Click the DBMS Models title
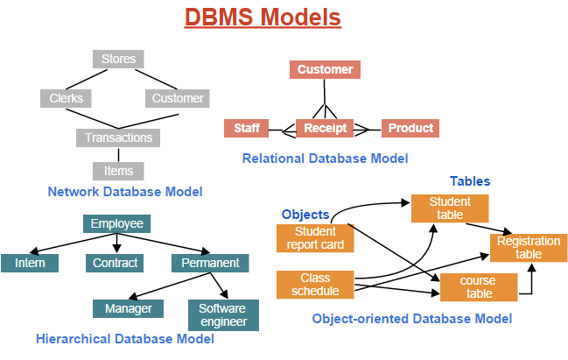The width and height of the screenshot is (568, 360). point(263,18)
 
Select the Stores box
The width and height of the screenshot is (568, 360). point(118,60)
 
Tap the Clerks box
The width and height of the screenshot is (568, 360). point(66,98)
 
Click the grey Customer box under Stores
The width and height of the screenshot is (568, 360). point(178,98)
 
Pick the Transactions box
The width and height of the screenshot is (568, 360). point(118,138)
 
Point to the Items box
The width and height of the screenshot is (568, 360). point(118,171)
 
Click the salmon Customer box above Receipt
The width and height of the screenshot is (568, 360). point(325,70)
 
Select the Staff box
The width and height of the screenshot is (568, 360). point(246,129)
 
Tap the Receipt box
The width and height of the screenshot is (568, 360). point(325,129)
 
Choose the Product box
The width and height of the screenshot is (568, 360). point(410,129)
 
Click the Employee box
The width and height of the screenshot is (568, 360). point(116,224)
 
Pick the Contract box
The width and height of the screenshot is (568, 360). point(115,263)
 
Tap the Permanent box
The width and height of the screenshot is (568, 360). point(210,263)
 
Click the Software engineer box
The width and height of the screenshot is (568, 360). point(223,315)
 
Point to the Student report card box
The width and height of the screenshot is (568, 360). point(315,238)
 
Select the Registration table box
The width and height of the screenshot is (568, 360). point(528,248)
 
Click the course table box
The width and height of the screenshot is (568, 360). point(479,287)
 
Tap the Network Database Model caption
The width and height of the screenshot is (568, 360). point(125,192)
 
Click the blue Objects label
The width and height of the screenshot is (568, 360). point(305,215)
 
